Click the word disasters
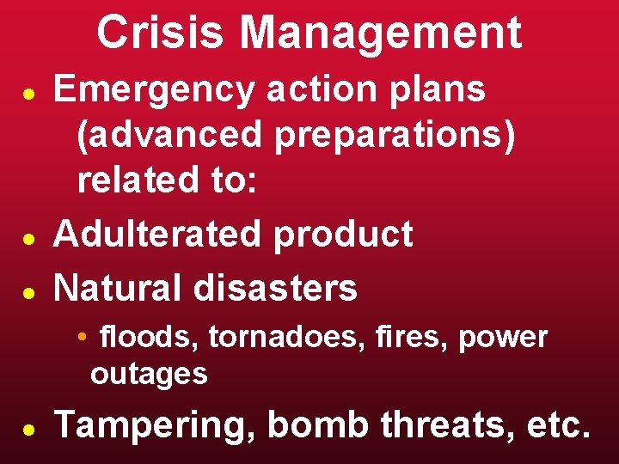(275, 287)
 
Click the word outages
(149, 374)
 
